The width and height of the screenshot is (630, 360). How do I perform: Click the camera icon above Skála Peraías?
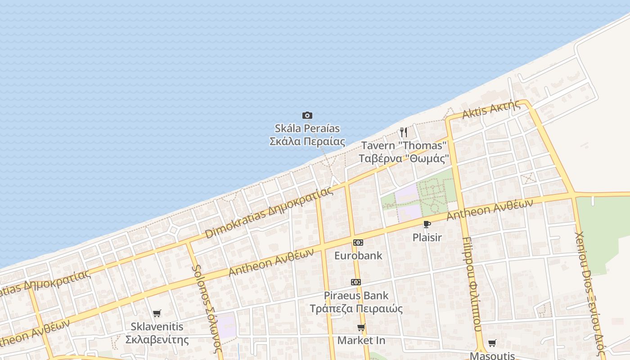[x=307, y=116]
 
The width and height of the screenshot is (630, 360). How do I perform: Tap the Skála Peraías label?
[x=307, y=135]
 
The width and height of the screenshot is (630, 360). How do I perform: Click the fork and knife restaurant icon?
[x=404, y=132]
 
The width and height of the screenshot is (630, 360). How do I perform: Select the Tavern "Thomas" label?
[x=404, y=152]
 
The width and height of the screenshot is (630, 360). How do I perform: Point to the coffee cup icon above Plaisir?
[x=427, y=224]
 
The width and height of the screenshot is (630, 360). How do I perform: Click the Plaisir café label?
[x=427, y=237]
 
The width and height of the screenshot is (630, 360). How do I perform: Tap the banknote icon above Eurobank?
[x=358, y=243]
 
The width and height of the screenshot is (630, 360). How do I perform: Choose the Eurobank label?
[x=358, y=256]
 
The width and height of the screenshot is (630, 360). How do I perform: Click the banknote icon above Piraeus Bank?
[x=356, y=282]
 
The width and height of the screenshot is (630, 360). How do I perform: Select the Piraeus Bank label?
[x=356, y=302]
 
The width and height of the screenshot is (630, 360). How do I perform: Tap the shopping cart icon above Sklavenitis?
[x=157, y=313]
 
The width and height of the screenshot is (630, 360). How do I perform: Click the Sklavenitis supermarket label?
[x=157, y=333]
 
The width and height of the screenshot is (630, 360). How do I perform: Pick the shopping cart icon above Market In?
[x=361, y=327]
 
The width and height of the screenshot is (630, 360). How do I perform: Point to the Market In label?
[x=361, y=340]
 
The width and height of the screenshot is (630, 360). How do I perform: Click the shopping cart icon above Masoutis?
[x=492, y=343]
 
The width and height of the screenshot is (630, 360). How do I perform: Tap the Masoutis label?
[x=492, y=355]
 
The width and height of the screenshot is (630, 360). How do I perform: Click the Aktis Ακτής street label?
[x=491, y=108]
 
